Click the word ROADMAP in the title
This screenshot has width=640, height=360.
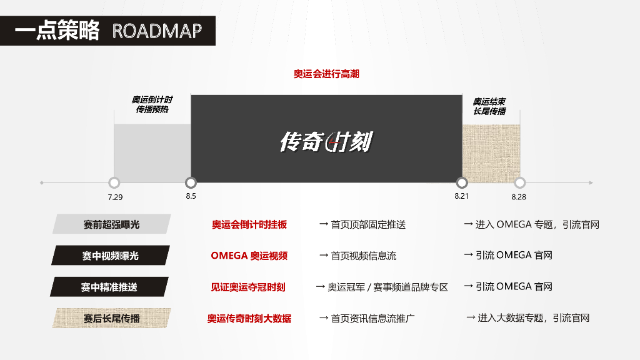[157, 31]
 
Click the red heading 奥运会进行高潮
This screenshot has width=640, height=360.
[326, 74]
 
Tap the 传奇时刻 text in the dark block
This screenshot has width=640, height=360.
[326, 142]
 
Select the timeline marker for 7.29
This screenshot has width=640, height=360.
[114, 183]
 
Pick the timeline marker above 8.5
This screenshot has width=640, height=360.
[191, 182]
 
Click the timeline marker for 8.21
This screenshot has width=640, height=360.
[462, 182]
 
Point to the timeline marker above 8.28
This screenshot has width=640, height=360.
[519, 183]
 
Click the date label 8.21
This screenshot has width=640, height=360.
[462, 196]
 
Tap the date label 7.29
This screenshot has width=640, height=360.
[115, 197]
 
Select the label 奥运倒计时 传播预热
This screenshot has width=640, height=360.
[152, 105]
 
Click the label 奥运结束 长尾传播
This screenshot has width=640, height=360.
[489, 106]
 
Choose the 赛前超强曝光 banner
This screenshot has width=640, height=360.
[111, 224]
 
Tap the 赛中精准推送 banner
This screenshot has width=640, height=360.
[109, 287]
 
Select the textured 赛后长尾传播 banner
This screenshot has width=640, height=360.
[111, 318]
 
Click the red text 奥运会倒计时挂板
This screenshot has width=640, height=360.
[249, 224]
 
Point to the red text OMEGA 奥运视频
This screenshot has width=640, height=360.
[249, 256]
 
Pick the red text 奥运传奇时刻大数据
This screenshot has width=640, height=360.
[249, 318]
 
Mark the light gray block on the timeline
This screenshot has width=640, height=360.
[152, 153]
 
